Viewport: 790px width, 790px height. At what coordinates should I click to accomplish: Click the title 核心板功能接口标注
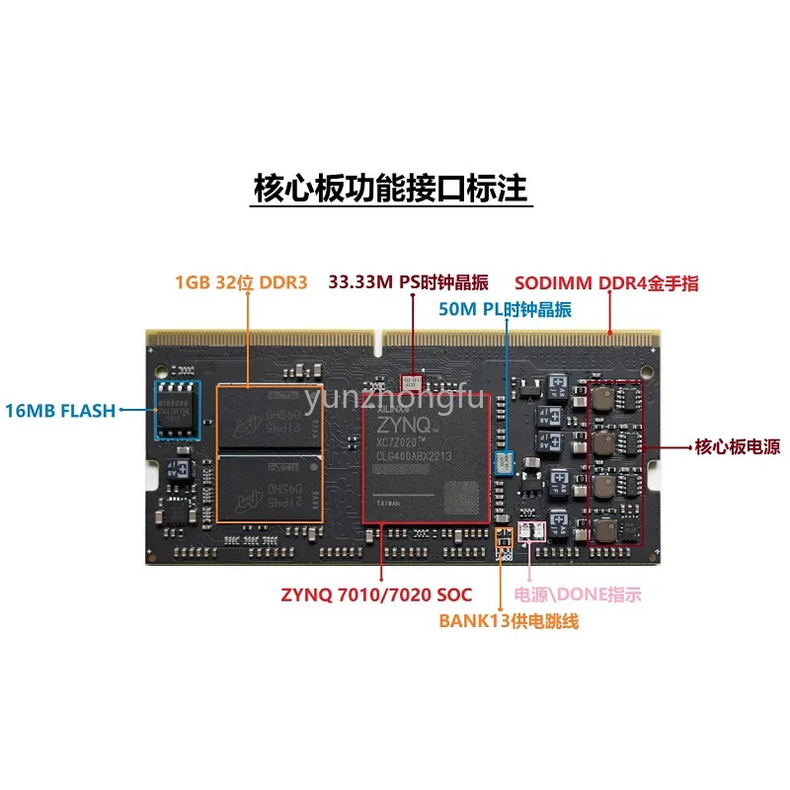point(393,188)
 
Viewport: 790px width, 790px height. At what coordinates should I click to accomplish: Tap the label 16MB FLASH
point(60,410)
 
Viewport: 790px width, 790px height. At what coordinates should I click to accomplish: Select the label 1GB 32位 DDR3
point(241,282)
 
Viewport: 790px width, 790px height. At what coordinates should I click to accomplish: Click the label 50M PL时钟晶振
point(505,309)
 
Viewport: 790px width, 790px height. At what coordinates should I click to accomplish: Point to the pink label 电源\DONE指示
point(578,594)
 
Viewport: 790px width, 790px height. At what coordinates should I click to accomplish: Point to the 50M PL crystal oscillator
point(506,461)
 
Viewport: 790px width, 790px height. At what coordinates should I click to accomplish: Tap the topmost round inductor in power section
point(604,397)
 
